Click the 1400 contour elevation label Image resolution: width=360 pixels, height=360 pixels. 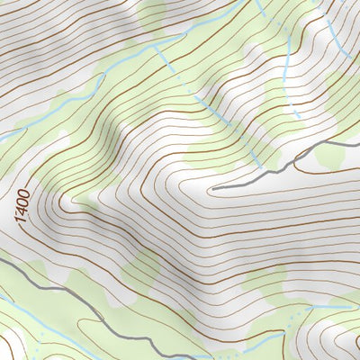(22, 207)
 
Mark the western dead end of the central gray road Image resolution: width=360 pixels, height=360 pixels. (212, 189)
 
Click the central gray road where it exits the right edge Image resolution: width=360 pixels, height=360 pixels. (358, 142)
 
